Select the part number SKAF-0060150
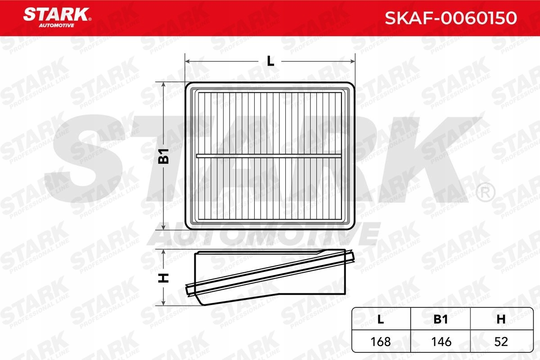[x=451, y=18]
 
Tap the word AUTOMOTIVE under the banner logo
[x=57, y=26]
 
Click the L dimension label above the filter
[x=270, y=61]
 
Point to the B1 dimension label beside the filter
[x=163, y=156]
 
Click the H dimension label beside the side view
[x=163, y=278]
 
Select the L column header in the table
[x=380, y=319]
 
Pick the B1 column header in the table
[x=441, y=319]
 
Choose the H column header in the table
[x=501, y=319]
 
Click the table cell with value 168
[x=381, y=342]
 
